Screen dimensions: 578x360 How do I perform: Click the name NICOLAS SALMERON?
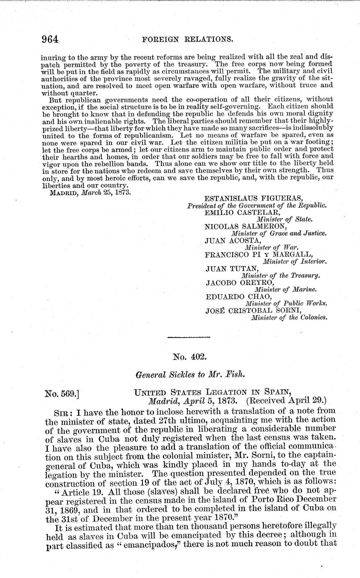[x=241, y=226]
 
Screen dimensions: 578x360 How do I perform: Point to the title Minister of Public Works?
[x=286, y=304]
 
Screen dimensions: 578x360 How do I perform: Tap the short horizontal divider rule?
[x=188, y=337]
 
